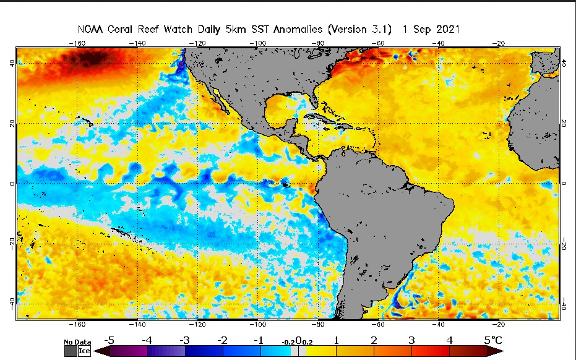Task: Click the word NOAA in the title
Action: coord(91,30)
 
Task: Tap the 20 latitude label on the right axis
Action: coord(564,123)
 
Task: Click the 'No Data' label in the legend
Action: coord(78,342)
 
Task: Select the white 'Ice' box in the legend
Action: coord(84,351)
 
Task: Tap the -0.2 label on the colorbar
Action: coord(288,341)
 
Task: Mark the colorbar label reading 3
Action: coord(412,340)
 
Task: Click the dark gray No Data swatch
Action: coord(70,351)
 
